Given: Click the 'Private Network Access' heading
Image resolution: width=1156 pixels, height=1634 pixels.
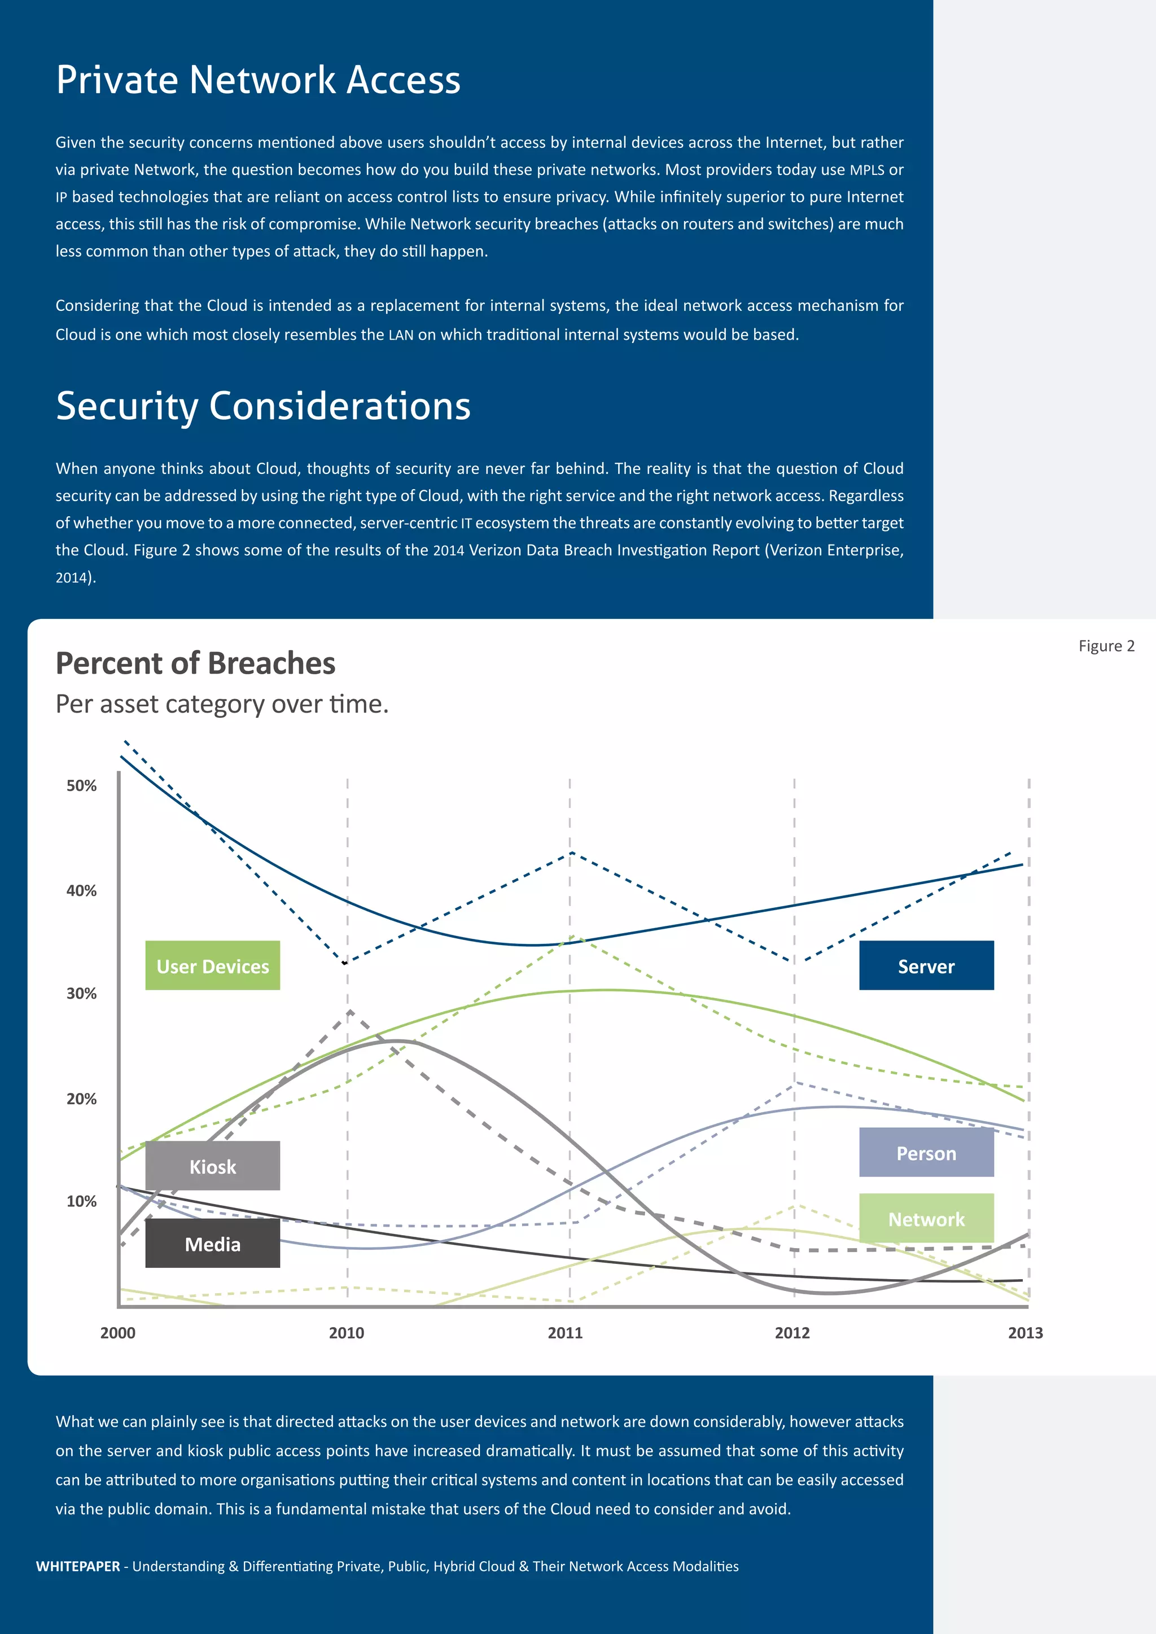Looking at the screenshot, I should (258, 79).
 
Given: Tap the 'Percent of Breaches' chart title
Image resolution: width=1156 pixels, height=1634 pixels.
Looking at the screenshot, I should (195, 664).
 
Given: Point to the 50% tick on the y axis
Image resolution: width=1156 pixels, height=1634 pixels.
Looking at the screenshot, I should (81, 786).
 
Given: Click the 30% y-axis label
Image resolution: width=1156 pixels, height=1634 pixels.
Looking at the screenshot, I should (81, 994).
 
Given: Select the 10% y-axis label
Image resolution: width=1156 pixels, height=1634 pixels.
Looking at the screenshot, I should (81, 1201).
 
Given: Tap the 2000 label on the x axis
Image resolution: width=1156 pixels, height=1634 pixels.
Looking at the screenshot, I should (117, 1333).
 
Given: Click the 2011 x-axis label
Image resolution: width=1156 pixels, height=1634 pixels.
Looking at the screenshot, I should (564, 1333).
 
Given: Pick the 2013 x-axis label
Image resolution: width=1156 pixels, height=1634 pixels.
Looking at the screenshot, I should (1025, 1333).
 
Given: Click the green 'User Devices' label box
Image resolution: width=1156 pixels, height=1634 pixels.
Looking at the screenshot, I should (212, 966).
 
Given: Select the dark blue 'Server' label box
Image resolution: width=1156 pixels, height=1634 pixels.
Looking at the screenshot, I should (926, 966).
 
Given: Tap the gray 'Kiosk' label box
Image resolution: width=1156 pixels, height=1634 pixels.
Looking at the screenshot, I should (212, 1166).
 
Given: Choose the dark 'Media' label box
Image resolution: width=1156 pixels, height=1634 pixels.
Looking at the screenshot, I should (212, 1244).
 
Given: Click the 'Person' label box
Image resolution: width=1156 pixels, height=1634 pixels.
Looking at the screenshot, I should (926, 1153).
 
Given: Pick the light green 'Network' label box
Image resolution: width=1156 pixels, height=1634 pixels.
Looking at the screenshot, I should (926, 1219).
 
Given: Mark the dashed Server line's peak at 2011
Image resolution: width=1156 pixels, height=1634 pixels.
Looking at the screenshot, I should (572, 853).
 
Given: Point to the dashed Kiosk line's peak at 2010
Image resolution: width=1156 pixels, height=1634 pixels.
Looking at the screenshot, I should (350, 1011).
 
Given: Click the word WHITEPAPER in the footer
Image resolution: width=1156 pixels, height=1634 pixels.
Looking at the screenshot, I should (77, 1566).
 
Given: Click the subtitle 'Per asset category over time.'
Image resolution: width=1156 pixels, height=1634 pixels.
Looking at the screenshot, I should (222, 704).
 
